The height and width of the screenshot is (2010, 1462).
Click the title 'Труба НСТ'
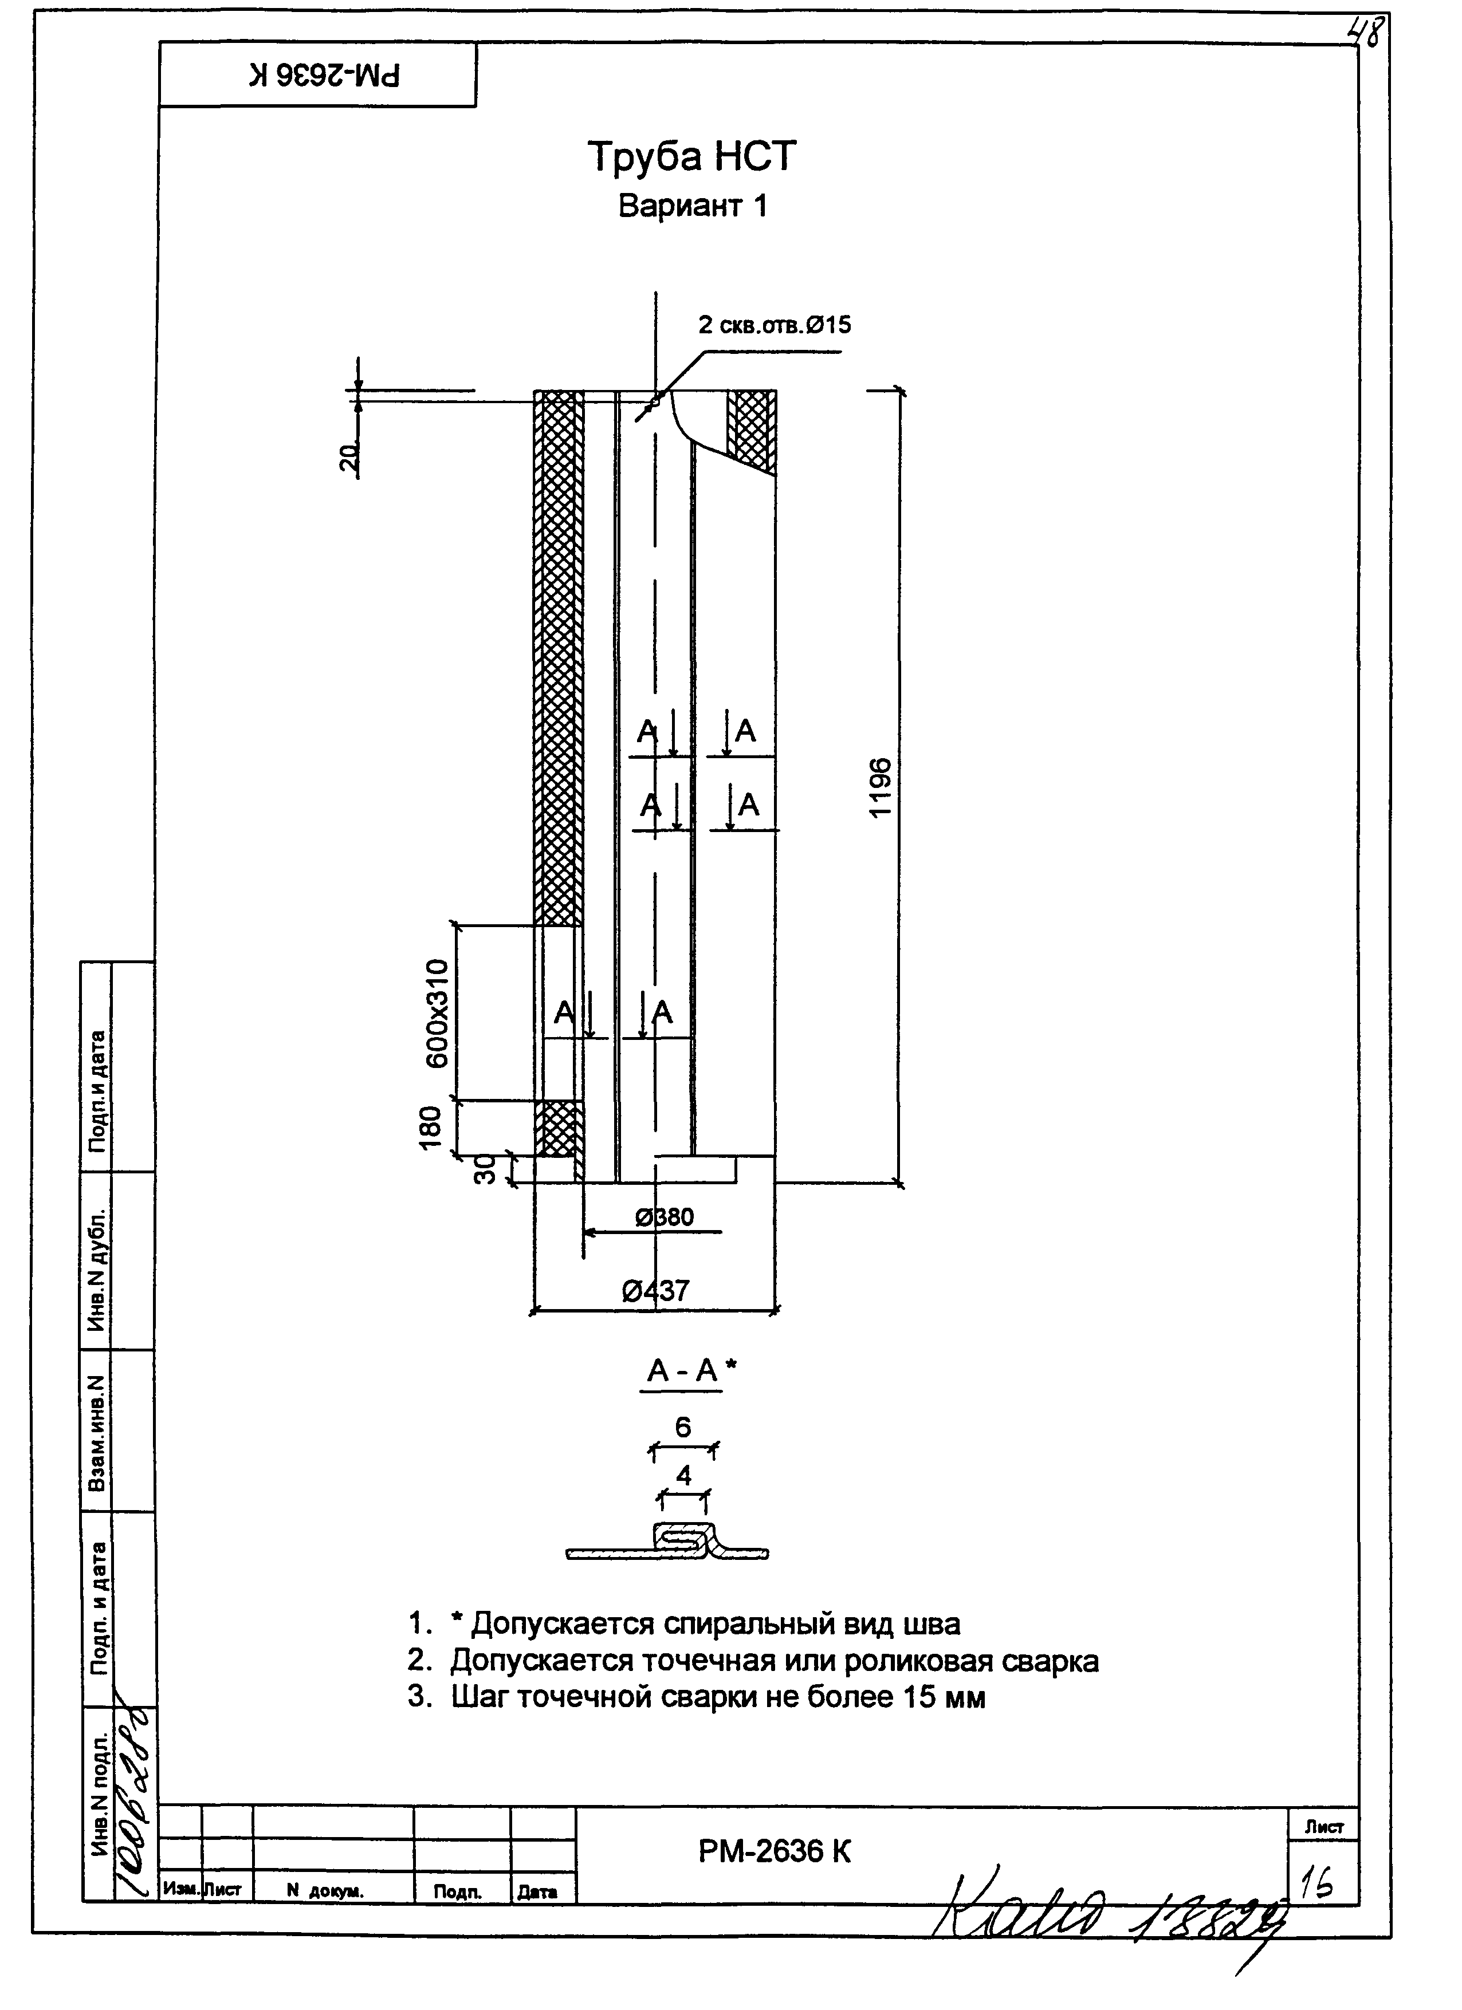pyautogui.click(x=691, y=157)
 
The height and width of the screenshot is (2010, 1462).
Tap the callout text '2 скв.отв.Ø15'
pyautogui.click(x=774, y=325)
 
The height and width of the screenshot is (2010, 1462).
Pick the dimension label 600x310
pyautogui.click(x=439, y=1013)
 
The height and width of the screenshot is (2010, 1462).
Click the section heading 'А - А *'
pyautogui.click(x=691, y=1371)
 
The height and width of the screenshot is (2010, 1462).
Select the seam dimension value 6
pyautogui.click(x=683, y=1427)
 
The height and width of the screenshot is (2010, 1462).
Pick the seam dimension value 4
pyautogui.click(x=683, y=1476)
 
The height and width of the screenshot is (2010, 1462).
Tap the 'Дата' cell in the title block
pyautogui.click(x=537, y=1892)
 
